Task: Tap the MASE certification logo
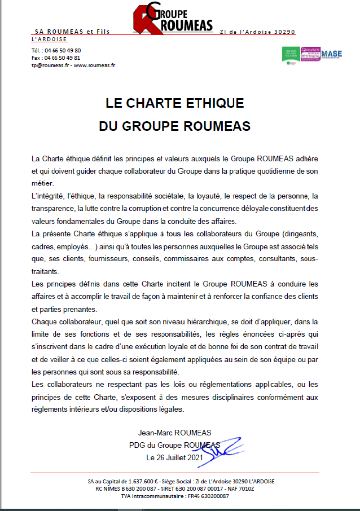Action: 331,54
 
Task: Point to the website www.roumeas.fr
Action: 95,65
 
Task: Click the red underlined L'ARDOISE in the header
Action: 50,39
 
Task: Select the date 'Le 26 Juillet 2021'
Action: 174,457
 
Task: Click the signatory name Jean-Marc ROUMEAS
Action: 174,433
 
